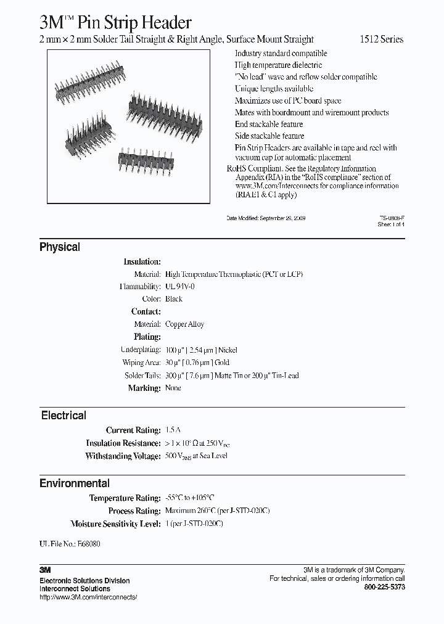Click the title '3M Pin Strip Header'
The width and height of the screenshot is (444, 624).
point(115,23)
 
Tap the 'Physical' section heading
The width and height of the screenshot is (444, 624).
point(60,247)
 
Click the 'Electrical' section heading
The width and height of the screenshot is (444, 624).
point(64,416)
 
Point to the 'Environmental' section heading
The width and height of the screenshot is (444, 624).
point(75,483)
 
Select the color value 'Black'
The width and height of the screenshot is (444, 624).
point(174,299)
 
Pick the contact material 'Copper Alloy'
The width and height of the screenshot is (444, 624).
point(184,324)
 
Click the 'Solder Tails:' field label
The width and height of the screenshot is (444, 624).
point(142,376)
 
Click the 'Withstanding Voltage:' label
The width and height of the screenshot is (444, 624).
point(123,456)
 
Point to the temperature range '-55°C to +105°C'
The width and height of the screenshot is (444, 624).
point(190,498)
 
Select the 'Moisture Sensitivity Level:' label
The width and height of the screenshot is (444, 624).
point(115,523)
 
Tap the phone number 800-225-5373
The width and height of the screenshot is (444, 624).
point(385,588)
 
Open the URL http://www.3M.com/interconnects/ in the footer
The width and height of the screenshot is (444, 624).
point(88,597)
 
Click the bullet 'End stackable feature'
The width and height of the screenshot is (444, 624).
point(269,124)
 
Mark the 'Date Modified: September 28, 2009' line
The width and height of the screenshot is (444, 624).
point(266,218)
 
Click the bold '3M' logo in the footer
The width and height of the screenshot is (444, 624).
point(46,570)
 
